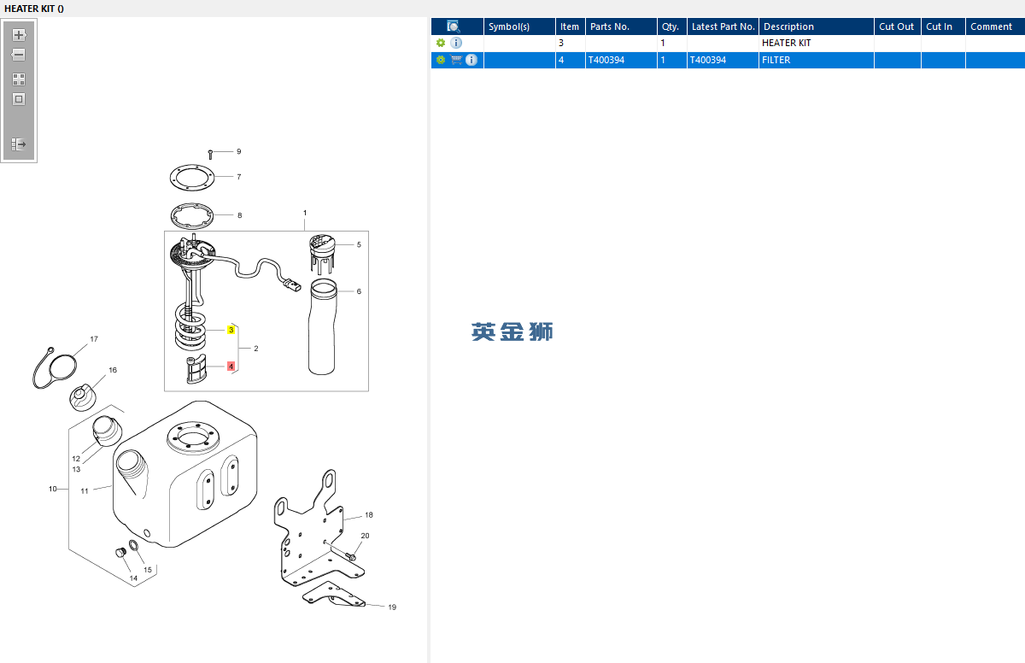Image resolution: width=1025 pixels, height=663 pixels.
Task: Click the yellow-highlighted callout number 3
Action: coord(231,330)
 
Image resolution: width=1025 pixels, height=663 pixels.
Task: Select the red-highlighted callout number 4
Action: coord(231,366)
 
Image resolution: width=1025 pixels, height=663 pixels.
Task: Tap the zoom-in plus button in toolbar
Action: coord(19,35)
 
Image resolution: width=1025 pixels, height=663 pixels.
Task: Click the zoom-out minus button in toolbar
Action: coord(19,55)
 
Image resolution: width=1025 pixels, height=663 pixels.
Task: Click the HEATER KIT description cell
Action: coord(786,43)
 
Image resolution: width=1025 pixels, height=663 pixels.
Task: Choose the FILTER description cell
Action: coord(776,60)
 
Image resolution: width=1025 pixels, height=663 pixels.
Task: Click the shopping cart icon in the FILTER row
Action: coord(456,60)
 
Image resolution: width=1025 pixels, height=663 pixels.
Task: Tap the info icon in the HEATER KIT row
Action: coord(456,43)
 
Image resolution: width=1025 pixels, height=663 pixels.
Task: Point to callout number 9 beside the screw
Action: coord(239,151)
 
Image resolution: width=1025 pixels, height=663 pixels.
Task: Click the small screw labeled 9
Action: coord(210,155)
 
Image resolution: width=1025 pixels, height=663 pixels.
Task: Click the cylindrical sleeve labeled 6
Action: coord(323,326)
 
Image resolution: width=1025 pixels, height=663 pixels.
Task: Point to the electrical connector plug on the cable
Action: coord(292,285)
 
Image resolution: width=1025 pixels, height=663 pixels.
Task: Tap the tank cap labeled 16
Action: coord(83,397)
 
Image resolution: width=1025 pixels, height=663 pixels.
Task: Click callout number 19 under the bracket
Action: coord(392,607)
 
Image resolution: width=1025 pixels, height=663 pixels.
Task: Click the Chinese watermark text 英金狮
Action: coord(512,331)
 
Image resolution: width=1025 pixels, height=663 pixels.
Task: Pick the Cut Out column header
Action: coord(896,26)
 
